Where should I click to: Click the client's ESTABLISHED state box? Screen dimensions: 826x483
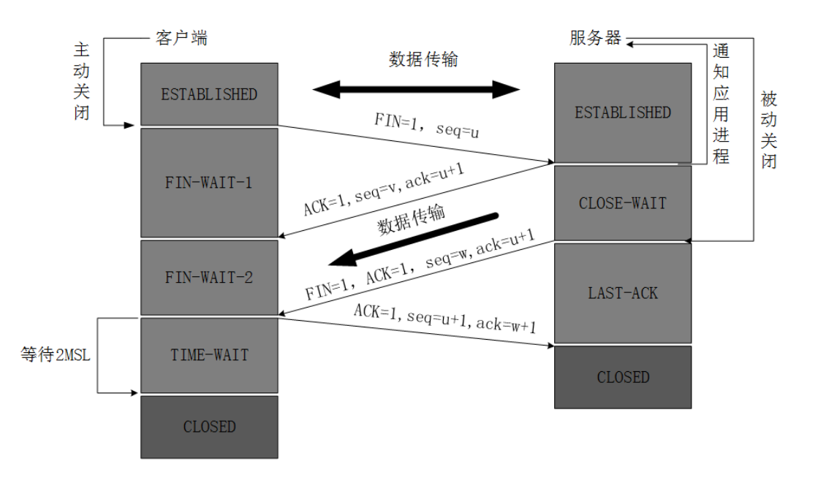coord(209,94)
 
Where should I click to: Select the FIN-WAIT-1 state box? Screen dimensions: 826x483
coord(209,183)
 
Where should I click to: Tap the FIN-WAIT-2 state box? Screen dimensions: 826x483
coord(209,278)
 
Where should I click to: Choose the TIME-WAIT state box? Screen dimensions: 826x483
coord(209,355)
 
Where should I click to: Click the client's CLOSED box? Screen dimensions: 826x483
coord(209,427)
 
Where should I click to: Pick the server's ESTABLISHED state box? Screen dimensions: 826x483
coord(623,113)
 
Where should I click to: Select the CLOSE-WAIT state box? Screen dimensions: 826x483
coord(623,203)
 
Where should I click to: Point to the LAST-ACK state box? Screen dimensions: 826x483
coord(623,293)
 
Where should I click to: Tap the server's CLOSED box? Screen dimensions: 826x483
coord(623,377)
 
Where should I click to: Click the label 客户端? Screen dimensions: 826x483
coord(182,38)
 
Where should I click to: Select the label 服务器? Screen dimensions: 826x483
coord(595,38)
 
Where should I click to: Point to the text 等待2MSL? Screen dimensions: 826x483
coord(56,354)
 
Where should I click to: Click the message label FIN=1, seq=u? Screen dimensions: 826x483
coord(427,126)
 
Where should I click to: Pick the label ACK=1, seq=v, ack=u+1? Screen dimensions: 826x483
coord(384,189)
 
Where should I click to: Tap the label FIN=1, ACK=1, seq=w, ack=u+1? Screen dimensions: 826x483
coord(420,265)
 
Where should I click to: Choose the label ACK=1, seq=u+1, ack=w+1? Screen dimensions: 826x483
coord(445,319)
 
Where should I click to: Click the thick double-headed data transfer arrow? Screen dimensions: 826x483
coord(416,90)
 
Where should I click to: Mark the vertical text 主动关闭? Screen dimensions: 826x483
coord(82,81)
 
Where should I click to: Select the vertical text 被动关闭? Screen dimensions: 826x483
coord(768,129)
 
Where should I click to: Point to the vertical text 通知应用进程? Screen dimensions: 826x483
coord(721,104)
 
